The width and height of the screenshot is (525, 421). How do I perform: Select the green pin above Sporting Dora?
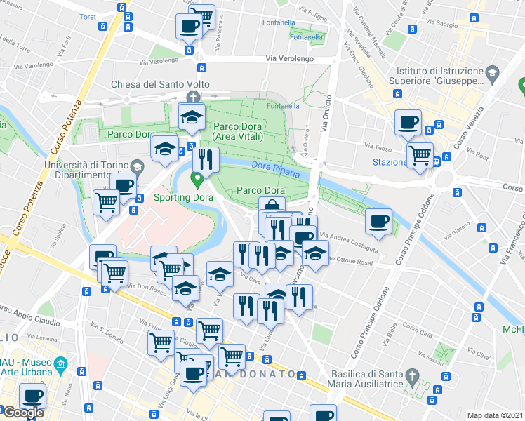click(198, 180)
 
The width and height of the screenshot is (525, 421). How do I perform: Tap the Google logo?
click(22, 413)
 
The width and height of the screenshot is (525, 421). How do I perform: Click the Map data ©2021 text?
click(496, 415)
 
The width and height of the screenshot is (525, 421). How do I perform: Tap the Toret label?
click(88, 16)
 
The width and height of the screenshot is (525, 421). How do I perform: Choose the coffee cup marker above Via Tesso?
click(408, 123)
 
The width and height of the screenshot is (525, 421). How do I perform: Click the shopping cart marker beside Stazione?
click(420, 154)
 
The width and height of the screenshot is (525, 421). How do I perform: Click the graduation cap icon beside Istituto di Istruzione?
click(493, 72)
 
